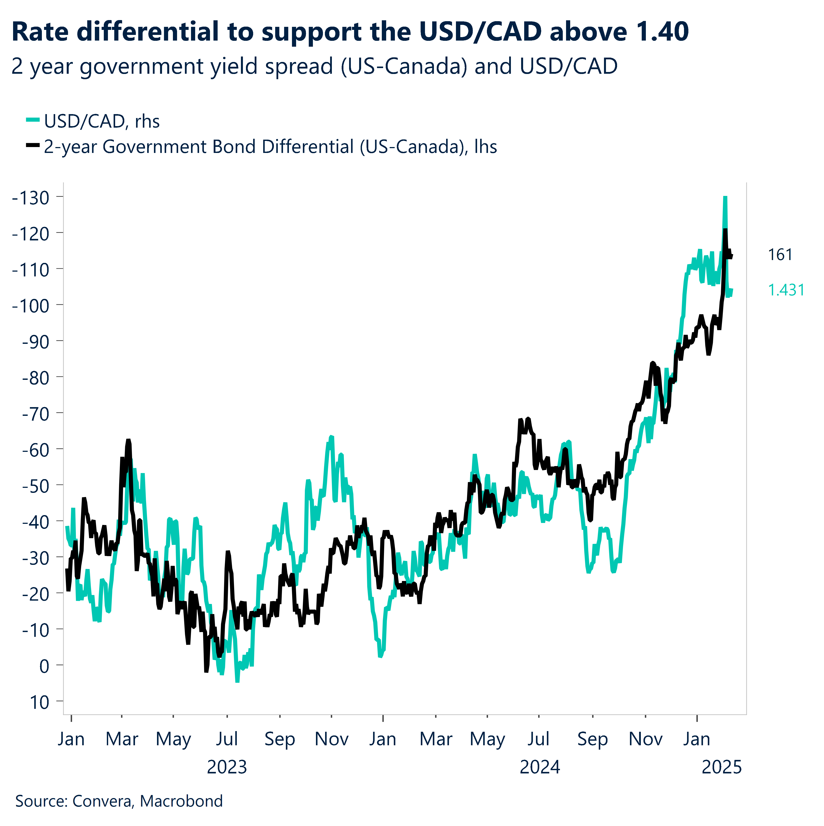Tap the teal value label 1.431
point(786,290)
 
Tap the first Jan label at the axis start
point(71,739)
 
